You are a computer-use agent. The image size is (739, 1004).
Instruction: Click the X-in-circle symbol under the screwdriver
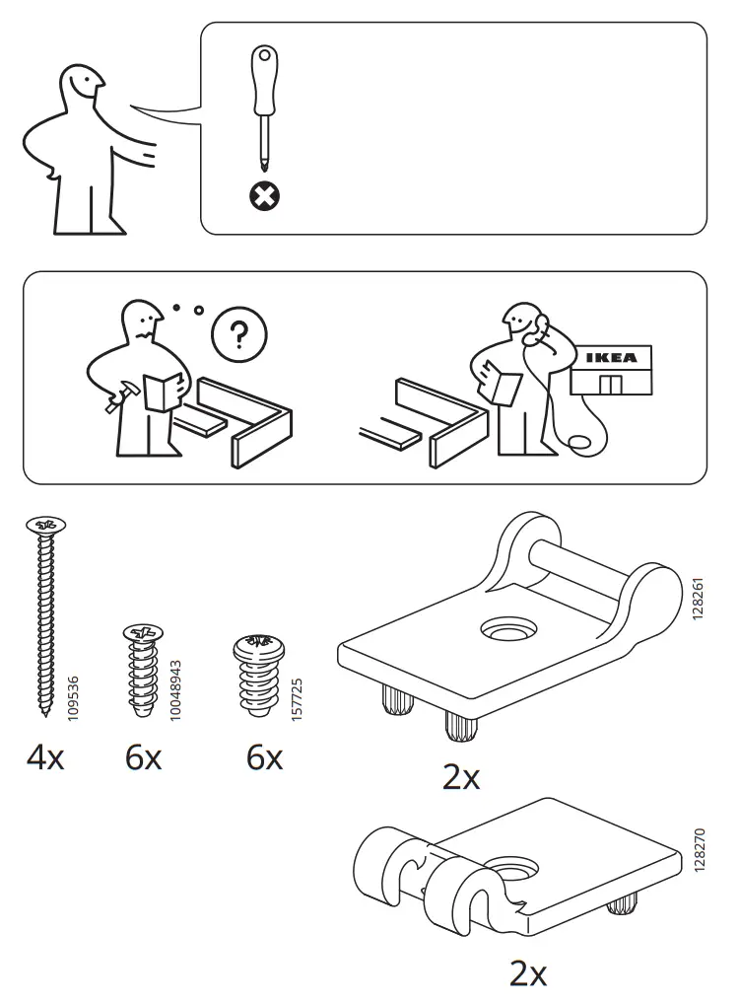(263, 197)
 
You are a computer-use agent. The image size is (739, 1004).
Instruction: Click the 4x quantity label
(45, 758)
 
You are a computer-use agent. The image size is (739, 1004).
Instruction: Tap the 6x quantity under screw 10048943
(144, 758)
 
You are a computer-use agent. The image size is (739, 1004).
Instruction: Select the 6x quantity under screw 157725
(264, 758)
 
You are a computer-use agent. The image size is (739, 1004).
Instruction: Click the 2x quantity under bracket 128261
(461, 778)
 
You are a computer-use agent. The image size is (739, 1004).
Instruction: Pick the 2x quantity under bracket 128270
(528, 974)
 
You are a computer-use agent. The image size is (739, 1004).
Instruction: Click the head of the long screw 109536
(44, 524)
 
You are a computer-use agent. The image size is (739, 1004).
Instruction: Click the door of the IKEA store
(611, 385)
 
